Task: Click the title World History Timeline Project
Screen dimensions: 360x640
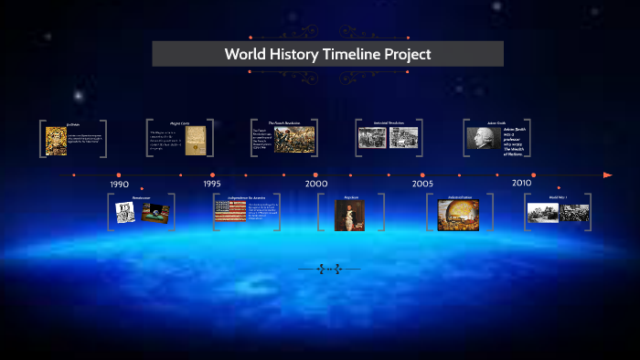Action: tap(327, 54)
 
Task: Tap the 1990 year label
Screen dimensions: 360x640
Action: tap(119, 185)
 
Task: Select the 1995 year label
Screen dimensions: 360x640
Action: tap(212, 184)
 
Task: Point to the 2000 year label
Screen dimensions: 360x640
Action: tap(316, 184)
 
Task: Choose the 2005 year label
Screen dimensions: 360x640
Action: tap(421, 184)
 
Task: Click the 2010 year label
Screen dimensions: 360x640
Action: tap(521, 183)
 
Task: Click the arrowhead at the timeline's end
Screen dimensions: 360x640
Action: tap(608, 175)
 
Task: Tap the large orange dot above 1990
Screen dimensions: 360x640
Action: tap(118, 175)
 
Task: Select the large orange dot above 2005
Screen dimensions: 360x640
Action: tap(421, 175)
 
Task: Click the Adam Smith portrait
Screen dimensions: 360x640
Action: tap(481, 138)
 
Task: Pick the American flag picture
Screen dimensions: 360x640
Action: tap(229, 213)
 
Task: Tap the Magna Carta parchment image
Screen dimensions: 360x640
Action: tap(196, 140)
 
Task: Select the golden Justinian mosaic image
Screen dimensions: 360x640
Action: tap(56, 141)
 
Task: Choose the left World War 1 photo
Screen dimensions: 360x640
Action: tap(543, 213)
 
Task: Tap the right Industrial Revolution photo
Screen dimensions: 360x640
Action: tap(403, 138)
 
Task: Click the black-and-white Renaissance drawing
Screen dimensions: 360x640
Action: tap(125, 212)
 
